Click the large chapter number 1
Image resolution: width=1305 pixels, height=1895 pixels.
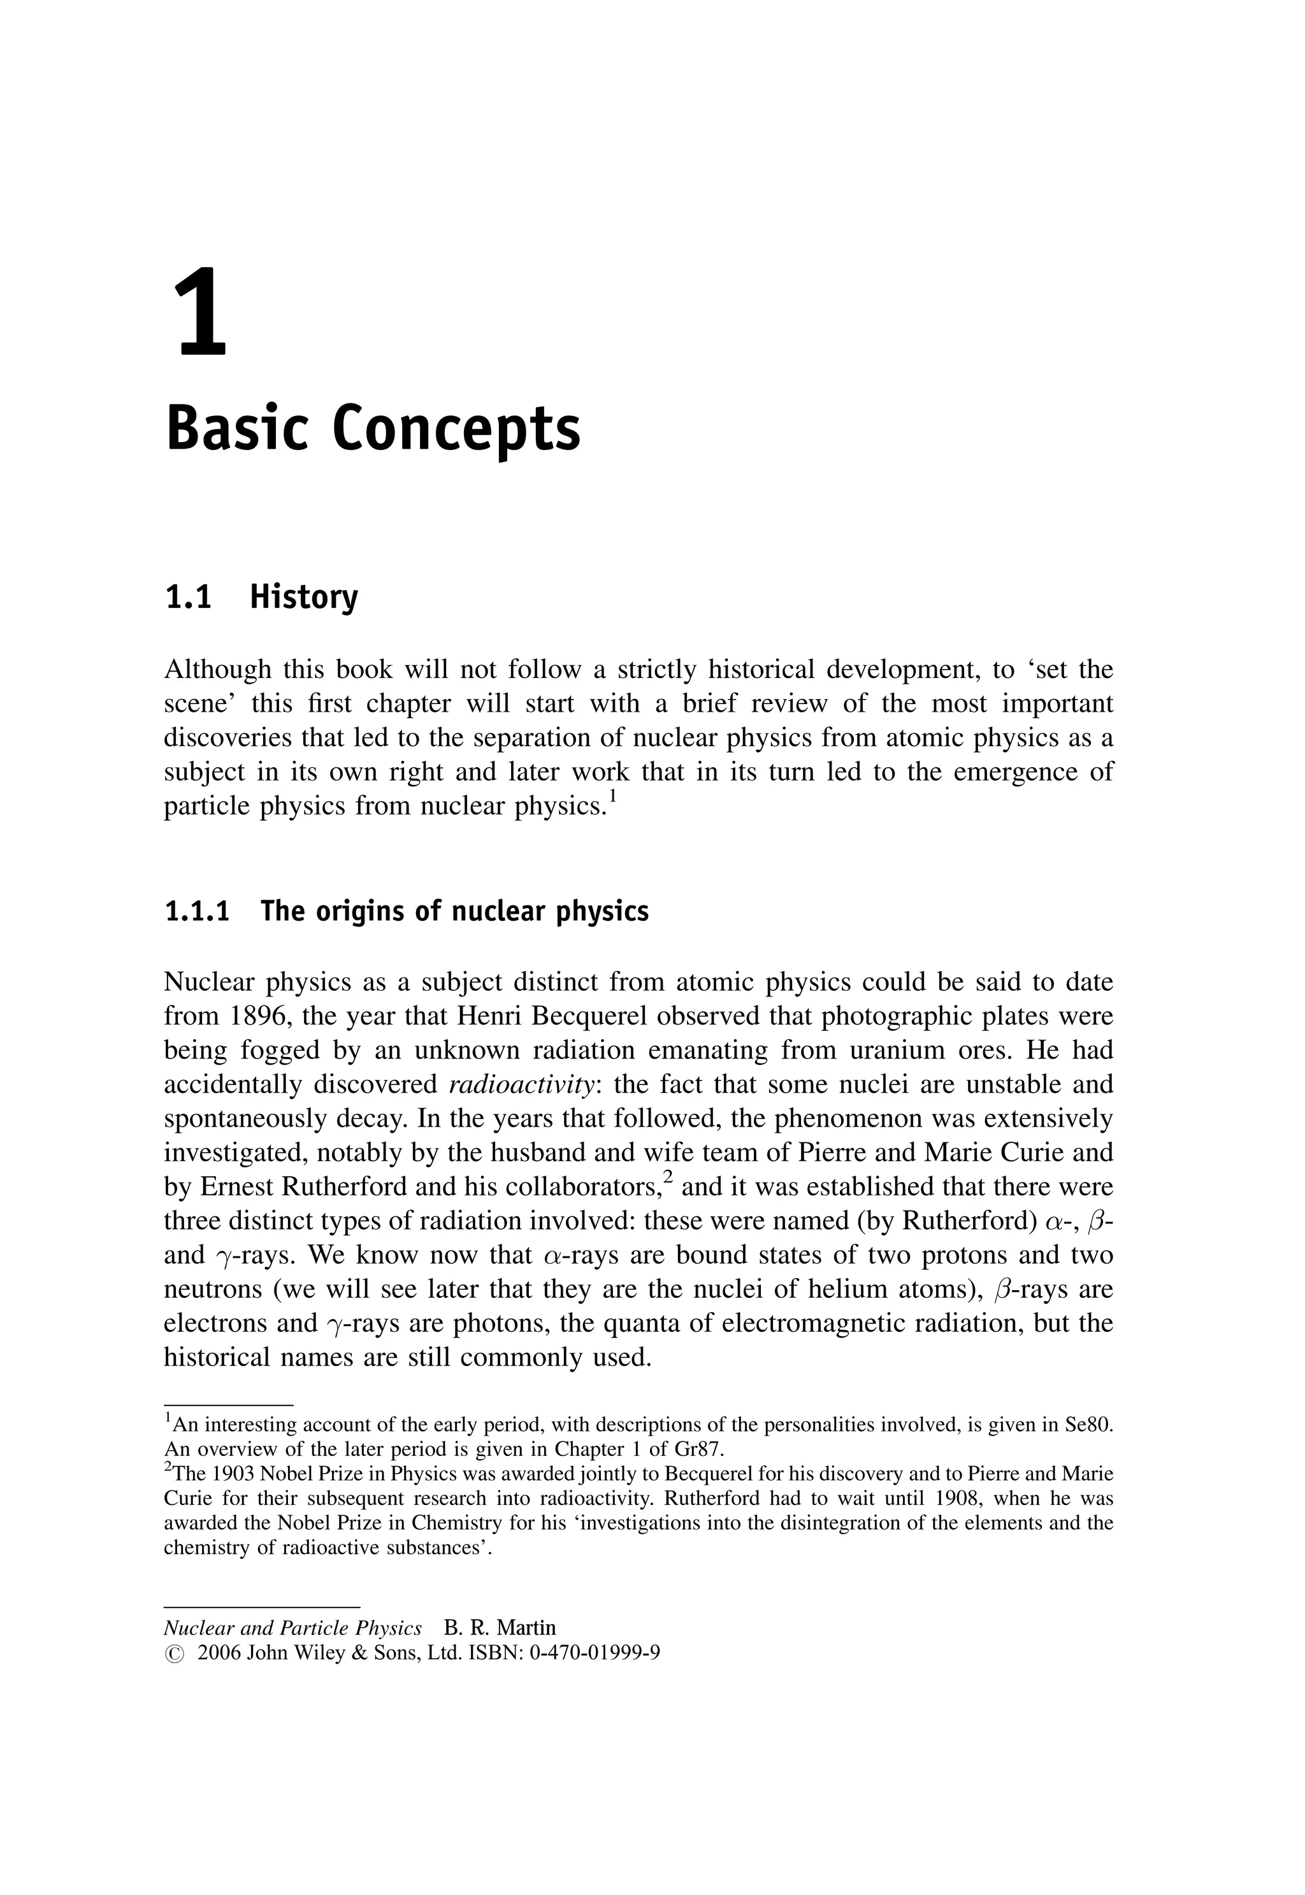[x=201, y=314]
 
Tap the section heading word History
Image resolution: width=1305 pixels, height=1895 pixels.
[x=303, y=598]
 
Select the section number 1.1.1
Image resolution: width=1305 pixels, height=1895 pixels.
[x=197, y=912]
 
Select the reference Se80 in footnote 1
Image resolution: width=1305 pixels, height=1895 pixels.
[x=1088, y=1425]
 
